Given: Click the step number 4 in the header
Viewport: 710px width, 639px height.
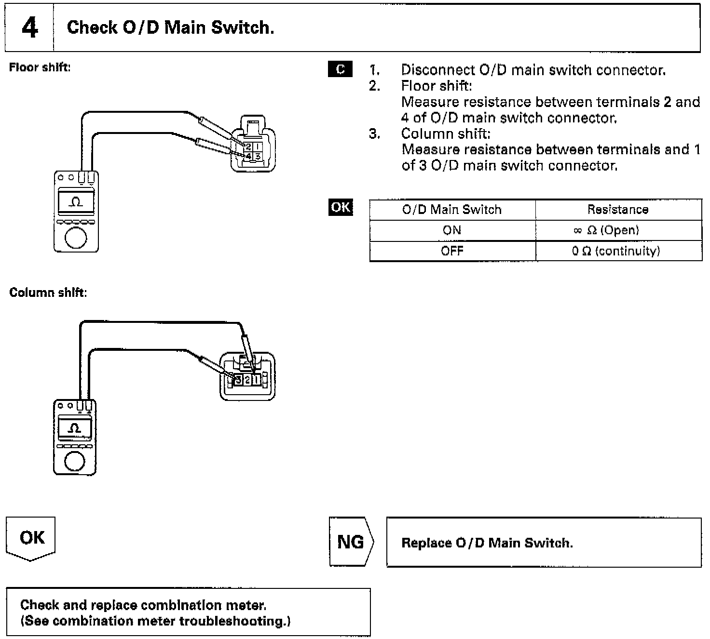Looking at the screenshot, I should [29, 28].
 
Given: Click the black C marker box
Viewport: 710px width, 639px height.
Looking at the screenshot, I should [340, 69].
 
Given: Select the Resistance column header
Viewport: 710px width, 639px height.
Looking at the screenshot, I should [618, 210].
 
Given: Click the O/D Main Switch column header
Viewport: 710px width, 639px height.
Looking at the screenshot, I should [452, 210].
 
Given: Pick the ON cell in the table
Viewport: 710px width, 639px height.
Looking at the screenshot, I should [452, 230].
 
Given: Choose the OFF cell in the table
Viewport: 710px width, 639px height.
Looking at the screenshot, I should [452, 251].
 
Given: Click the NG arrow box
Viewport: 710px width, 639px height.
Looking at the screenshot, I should [351, 542].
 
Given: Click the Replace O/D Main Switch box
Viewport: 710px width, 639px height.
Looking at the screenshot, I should [544, 543].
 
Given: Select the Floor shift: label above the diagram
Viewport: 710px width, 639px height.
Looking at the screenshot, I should [40, 67].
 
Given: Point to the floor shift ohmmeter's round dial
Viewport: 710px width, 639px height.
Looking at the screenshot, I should [76, 237].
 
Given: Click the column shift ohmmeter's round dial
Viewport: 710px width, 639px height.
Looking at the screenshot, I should [74, 461].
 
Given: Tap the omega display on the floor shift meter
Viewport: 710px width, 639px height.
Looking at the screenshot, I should [76, 201].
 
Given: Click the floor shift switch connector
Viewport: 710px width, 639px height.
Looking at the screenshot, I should [253, 144].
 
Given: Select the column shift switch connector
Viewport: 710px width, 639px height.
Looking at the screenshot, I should [247, 376].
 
